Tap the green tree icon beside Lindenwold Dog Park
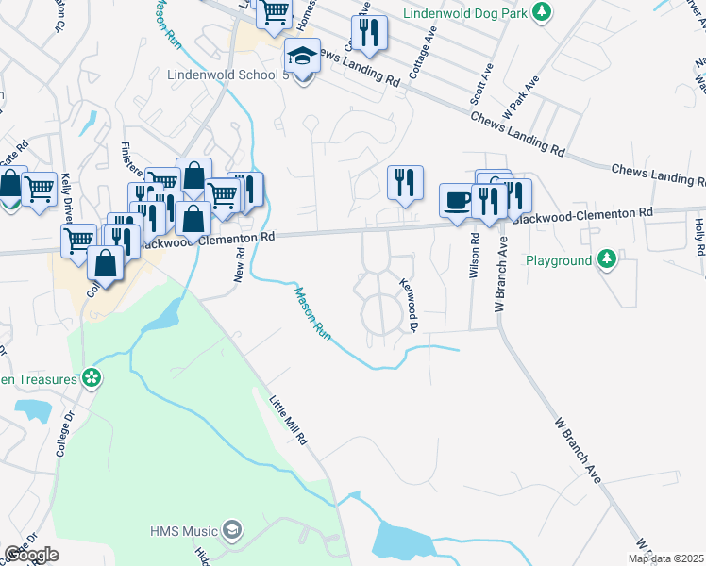coord(541,11)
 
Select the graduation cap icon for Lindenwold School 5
coord(302,57)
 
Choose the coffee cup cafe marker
coord(458,200)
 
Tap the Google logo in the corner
coord(30,554)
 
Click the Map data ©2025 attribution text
coord(664,558)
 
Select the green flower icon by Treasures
coord(92,379)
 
